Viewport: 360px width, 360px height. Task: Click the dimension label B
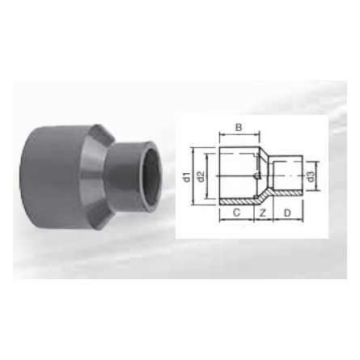(x=239, y=128)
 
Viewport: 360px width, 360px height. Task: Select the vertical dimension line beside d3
(x=307, y=174)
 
